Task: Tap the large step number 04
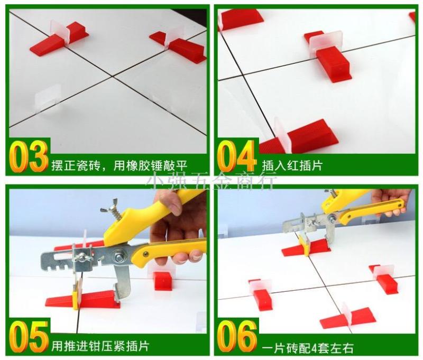coord(236,156)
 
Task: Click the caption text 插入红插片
coord(292,165)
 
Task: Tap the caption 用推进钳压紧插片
coord(100,346)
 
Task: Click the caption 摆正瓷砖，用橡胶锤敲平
coord(119,165)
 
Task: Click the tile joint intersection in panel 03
coord(112,76)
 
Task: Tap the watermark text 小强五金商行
coord(210,181)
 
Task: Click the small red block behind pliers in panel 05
coord(163,281)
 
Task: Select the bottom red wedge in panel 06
coord(348,319)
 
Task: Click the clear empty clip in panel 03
coord(49,100)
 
